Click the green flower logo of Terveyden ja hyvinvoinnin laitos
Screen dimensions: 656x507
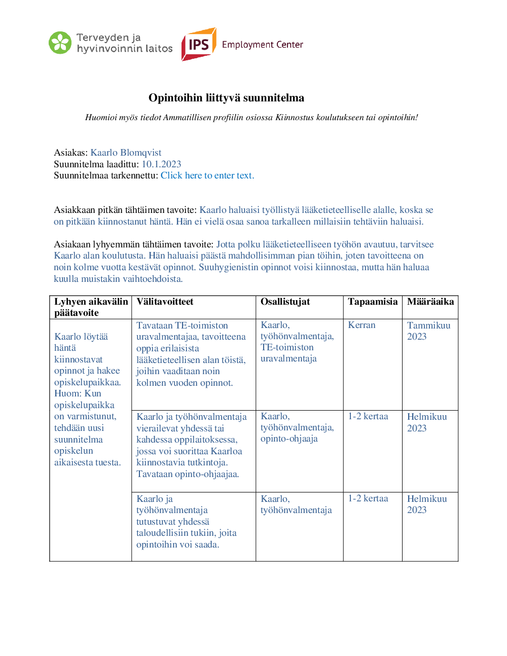(x=60, y=43)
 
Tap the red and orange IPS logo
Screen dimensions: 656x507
(x=199, y=45)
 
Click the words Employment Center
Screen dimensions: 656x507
(x=262, y=45)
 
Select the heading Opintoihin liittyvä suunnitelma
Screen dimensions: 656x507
(x=226, y=98)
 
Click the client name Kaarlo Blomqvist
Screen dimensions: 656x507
(x=126, y=153)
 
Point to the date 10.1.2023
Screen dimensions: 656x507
(x=161, y=164)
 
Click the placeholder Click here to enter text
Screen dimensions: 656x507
(x=207, y=175)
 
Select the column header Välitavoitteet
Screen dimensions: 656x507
(x=165, y=302)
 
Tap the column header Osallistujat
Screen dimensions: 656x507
(x=285, y=302)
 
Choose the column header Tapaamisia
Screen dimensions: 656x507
(x=373, y=302)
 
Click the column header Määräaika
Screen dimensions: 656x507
(x=430, y=302)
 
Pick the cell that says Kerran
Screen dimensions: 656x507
(x=361, y=325)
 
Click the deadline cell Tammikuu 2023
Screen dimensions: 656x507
(x=428, y=331)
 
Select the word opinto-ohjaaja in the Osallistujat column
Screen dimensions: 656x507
(x=289, y=439)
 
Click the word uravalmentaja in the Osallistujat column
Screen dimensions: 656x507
(x=288, y=358)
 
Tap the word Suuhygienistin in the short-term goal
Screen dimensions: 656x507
(x=228, y=267)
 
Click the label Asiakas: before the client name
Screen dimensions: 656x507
(x=71, y=153)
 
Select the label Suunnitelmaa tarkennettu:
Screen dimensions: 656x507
(x=106, y=175)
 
